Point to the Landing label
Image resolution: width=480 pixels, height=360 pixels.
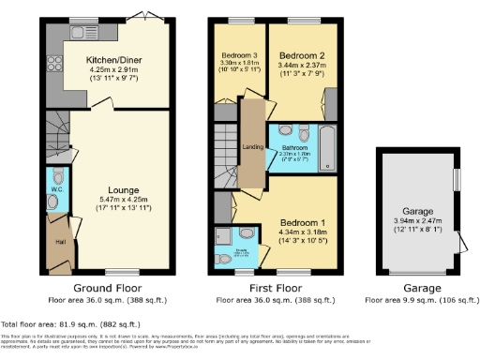[250, 145]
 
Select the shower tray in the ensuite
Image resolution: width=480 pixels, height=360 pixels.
[224, 235]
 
